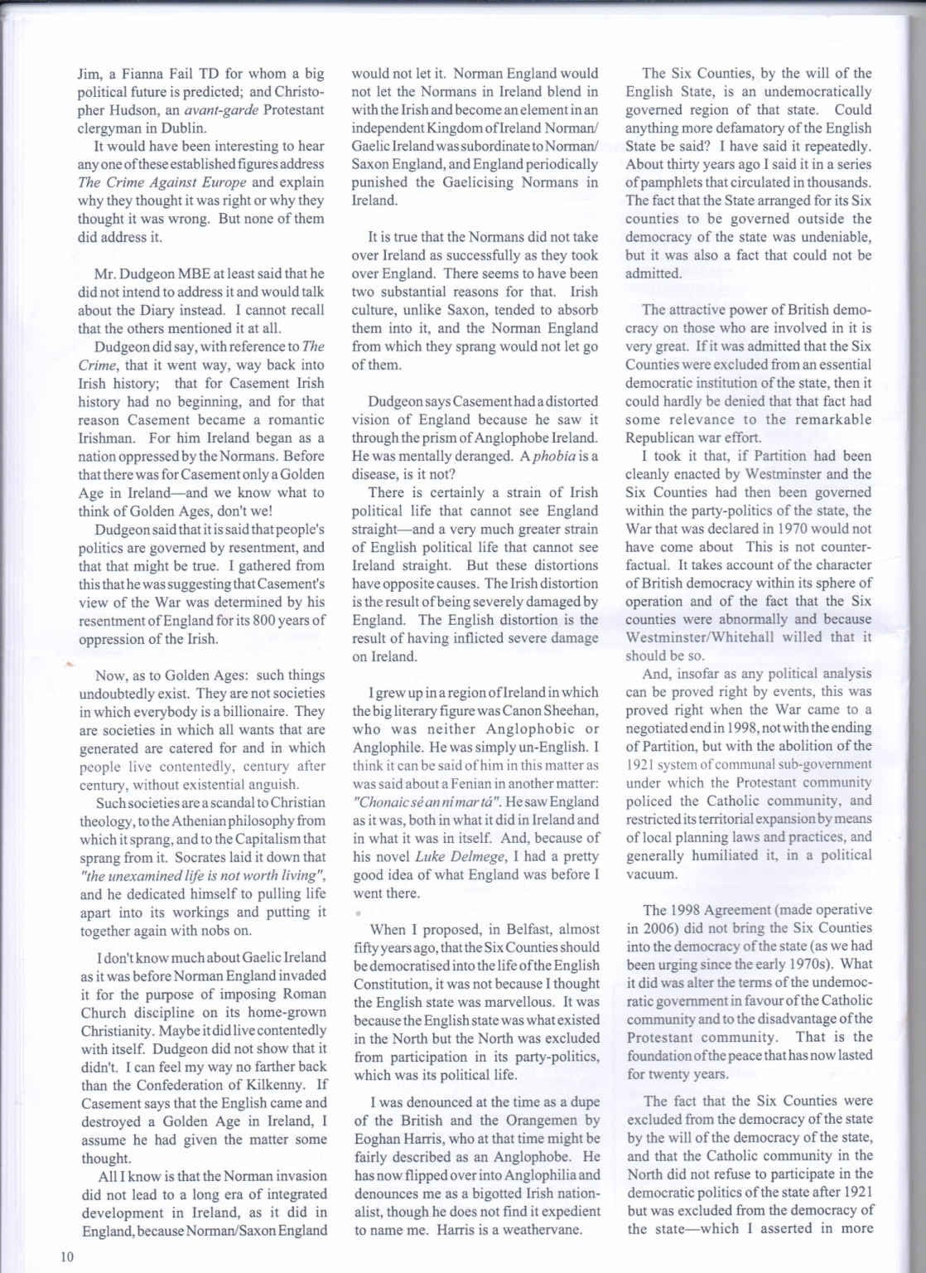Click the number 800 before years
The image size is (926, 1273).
coord(263,620)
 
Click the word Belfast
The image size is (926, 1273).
coord(521,929)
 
